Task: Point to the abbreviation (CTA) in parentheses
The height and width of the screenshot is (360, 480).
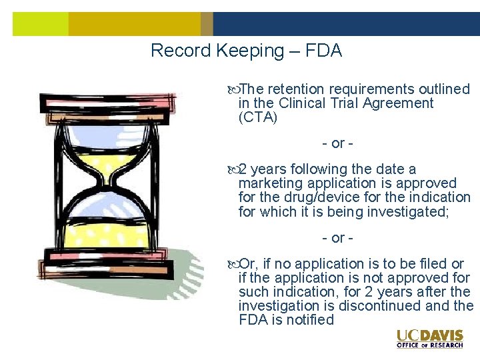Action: pos(257,117)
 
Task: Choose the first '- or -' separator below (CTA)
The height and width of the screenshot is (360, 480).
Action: pos(337,143)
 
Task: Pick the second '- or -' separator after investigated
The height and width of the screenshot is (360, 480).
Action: pos(337,238)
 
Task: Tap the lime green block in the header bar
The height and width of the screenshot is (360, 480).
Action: pos(40,24)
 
